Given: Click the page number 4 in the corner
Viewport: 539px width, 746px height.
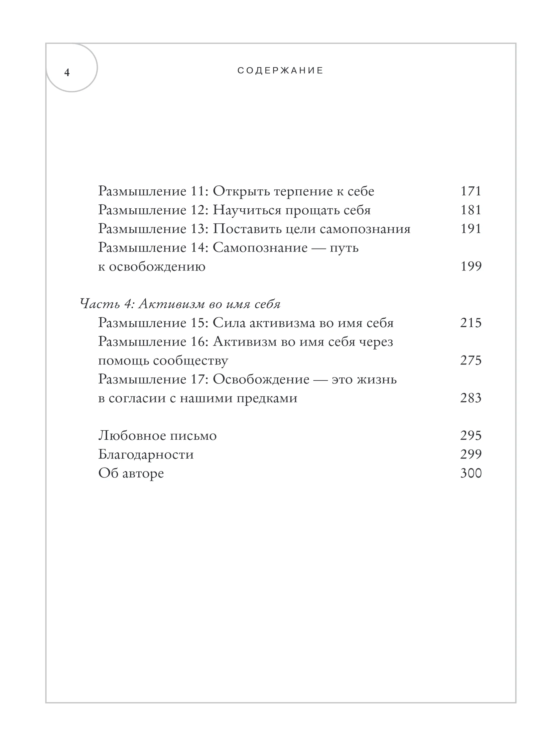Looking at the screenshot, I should coord(67,73).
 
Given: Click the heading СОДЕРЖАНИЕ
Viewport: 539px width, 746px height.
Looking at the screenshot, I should coord(280,71).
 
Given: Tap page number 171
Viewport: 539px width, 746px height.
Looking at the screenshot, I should coord(471,191).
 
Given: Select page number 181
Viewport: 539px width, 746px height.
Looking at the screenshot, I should coord(471,210).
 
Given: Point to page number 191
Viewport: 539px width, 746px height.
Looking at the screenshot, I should coord(471,229).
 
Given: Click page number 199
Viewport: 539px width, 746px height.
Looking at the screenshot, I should coord(471,266).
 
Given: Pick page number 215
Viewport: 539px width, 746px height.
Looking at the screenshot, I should coord(471,323).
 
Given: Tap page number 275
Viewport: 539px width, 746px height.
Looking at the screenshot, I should coord(471,361).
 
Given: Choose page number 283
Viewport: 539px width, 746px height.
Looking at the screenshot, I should coord(471,398).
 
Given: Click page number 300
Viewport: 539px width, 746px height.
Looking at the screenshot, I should coord(471,473).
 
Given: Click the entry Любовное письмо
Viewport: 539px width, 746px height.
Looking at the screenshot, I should coord(157,436).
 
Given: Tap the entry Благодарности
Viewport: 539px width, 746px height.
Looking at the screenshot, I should coord(146,455).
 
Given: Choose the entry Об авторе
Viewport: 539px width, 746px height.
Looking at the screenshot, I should coord(131,473).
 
